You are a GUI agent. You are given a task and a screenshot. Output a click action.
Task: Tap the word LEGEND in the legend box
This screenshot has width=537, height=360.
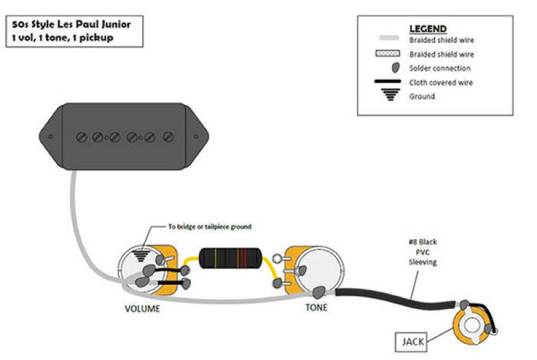tap(428, 29)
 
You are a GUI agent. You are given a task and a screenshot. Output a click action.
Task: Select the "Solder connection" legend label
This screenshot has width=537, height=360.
tap(440, 68)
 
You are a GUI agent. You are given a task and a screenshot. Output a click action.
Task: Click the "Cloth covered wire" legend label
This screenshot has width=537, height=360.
tap(441, 83)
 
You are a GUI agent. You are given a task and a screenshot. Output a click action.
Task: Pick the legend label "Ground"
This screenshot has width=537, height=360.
tap(422, 96)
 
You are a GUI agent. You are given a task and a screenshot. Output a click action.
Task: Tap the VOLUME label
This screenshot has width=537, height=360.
tap(143, 309)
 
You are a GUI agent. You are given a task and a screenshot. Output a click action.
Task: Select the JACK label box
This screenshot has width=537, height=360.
tap(413, 342)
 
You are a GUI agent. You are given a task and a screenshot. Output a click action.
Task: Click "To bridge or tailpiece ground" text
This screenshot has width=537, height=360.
tap(209, 227)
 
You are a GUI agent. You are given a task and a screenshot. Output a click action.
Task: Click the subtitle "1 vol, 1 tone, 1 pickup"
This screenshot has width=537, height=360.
tap(62, 38)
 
